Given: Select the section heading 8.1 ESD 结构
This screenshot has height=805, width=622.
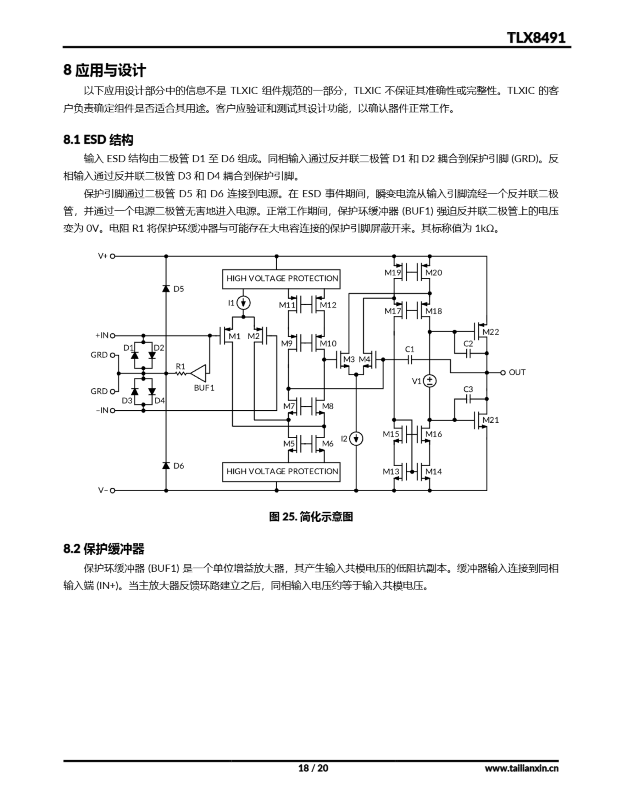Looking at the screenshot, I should pyautogui.click(x=98, y=140).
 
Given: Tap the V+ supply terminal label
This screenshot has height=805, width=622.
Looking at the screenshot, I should pyautogui.click(x=103, y=256).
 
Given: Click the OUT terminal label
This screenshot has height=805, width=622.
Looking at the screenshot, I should pyautogui.click(x=517, y=372).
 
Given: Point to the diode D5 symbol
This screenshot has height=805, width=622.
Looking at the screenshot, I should pyautogui.click(x=166, y=288).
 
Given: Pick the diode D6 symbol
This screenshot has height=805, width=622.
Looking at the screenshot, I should pyautogui.click(x=166, y=465).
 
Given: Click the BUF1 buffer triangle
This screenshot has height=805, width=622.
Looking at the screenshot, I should pyautogui.click(x=198, y=373).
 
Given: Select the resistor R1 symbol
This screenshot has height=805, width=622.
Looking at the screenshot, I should pyautogui.click(x=181, y=373).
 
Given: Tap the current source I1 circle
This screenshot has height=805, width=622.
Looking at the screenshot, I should pyautogui.click(x=243, y=303).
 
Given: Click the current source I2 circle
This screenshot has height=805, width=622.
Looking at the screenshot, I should pyautogui.click(x=356, y=439).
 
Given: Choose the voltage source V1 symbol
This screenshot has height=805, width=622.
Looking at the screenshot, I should pyautogui.click(x=430, y=381).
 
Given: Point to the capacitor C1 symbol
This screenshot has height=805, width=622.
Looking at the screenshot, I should pyautogui.click(x=410, y=359).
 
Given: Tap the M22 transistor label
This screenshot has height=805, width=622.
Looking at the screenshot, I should pyautogui.click(x=491, y=332).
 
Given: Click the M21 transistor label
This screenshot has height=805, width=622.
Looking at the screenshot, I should pyautogui.click(x=491, y=420).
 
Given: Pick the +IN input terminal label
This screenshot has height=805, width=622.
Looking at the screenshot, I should pyautogui.click(x=102, y=336).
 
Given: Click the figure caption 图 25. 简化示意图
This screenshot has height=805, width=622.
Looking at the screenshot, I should pyautogui.click(x=311, y=517).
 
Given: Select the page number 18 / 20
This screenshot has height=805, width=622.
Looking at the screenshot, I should pyautogui.click(x=313, y=768).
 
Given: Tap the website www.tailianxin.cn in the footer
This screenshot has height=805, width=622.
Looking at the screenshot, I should pyautogui.click(x=521, y=769).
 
